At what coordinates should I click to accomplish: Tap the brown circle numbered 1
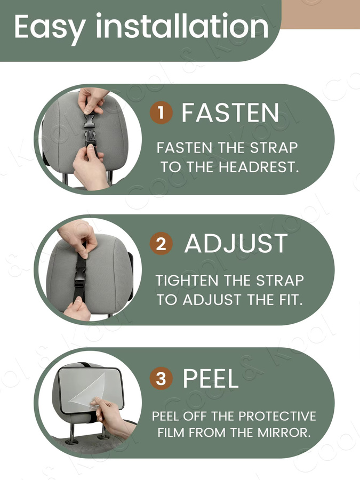[x=161, y=113]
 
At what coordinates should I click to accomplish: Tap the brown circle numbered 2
[x=161, y=244]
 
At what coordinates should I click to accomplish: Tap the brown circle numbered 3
[x=161, y=378]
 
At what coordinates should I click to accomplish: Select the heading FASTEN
[x=230, y=113]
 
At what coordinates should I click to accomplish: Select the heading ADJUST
[x=236, y=244]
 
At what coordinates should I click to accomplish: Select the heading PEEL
[x=210, y=378]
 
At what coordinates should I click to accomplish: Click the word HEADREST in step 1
[x=259, y=167]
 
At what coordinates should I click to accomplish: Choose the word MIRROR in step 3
[x=284, y=433]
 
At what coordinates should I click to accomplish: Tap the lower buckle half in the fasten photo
[x=90, y=138]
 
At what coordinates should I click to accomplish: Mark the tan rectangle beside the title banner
[x=320, y=14]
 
